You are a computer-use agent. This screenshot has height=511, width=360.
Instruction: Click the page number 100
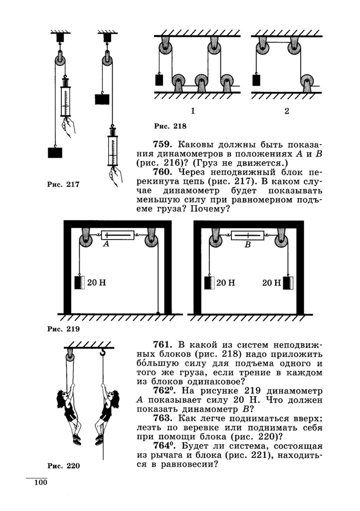pos(40,483)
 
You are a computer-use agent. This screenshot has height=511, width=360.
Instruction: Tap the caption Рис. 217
pos(63,185)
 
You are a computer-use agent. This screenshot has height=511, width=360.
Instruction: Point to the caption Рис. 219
pos(63,329)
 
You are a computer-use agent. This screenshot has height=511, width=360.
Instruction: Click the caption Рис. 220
pos(63,466)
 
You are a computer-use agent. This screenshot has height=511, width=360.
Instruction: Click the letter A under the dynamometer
pos(105,245)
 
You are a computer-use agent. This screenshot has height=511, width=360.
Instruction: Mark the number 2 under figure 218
pos(287,111)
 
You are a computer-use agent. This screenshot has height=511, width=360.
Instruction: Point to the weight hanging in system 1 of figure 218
pos(160,80)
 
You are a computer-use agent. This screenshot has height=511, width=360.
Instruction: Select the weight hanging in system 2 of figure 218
pos(256,80)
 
